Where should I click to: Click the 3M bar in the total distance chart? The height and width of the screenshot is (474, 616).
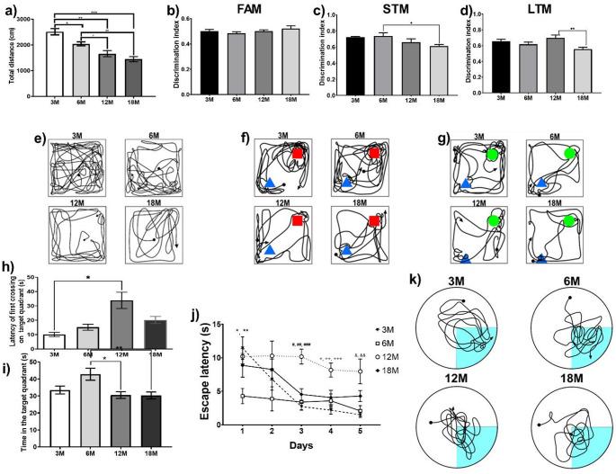tap(55, 63)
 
